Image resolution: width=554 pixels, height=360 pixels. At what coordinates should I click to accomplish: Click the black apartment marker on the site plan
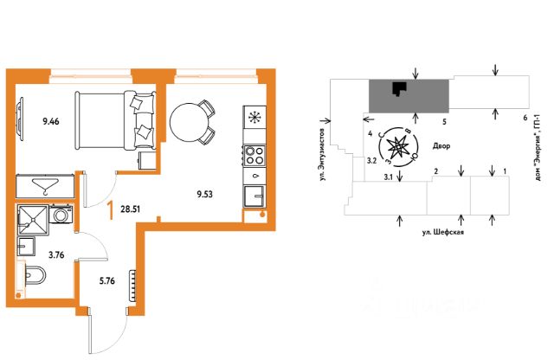pos(398,88)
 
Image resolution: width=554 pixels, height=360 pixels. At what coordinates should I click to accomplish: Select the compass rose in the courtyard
pos(403,148)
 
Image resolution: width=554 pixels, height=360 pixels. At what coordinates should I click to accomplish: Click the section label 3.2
pos(370,160)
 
